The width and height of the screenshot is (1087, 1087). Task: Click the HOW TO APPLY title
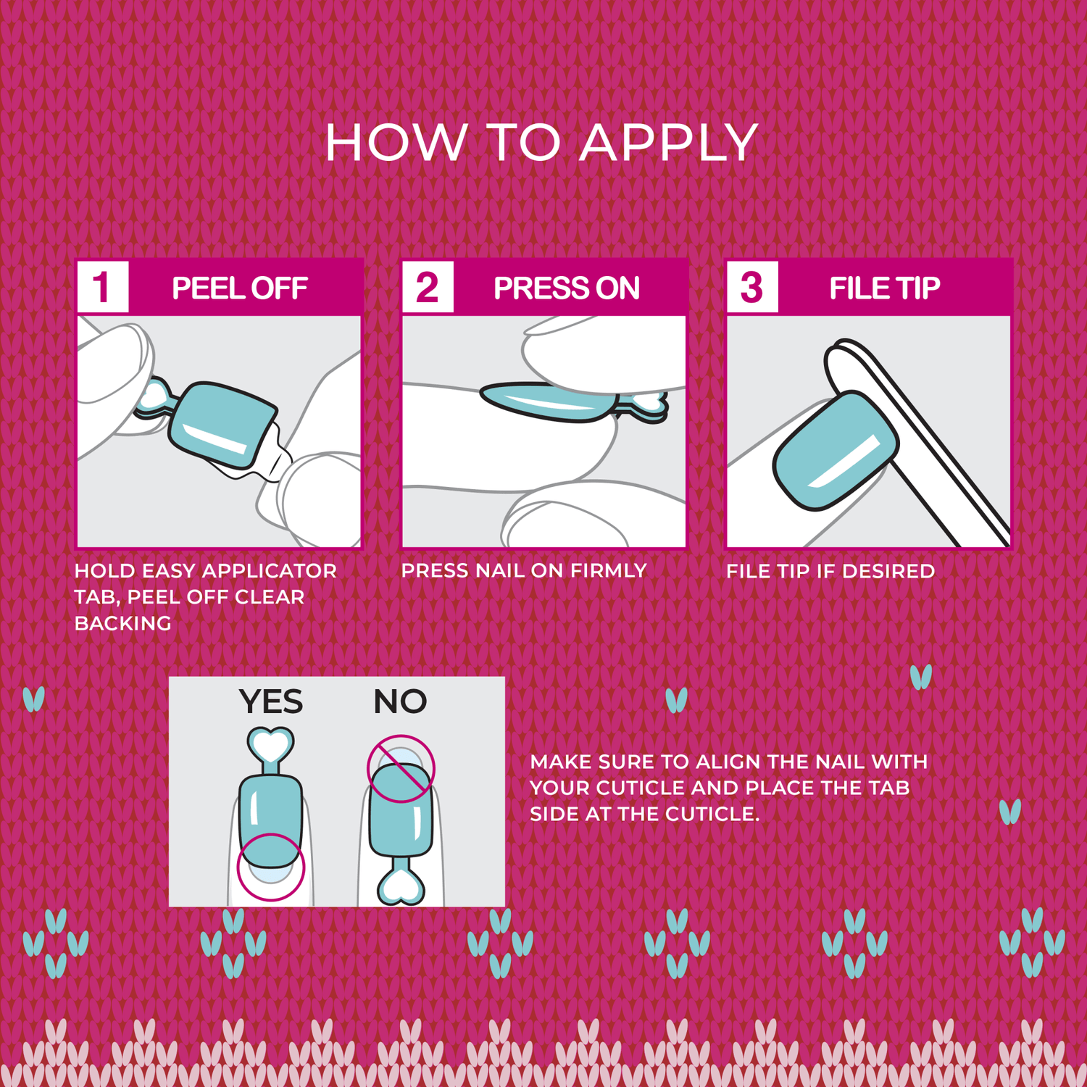(x=541, y=142)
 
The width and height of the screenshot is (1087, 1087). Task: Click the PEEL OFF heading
(x=240, y=288)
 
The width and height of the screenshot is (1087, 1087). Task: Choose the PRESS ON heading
(x=567, y=288)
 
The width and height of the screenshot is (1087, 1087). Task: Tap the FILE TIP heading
(x=885, y=288)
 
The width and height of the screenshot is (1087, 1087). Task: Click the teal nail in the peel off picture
(x=221, y=424)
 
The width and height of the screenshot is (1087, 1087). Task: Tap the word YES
(x=271, y=701)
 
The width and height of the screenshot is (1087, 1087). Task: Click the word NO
(x=400, y=701)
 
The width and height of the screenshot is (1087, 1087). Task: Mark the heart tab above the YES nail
(x=270, y=744)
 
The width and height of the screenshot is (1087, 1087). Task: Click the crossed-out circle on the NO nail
(x=401, y=769)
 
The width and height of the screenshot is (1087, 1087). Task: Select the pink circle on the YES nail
(x=271, y=867)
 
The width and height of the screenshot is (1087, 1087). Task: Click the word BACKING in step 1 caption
(x=123, y=623)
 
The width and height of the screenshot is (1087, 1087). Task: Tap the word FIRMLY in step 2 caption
(x=609, y=571)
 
